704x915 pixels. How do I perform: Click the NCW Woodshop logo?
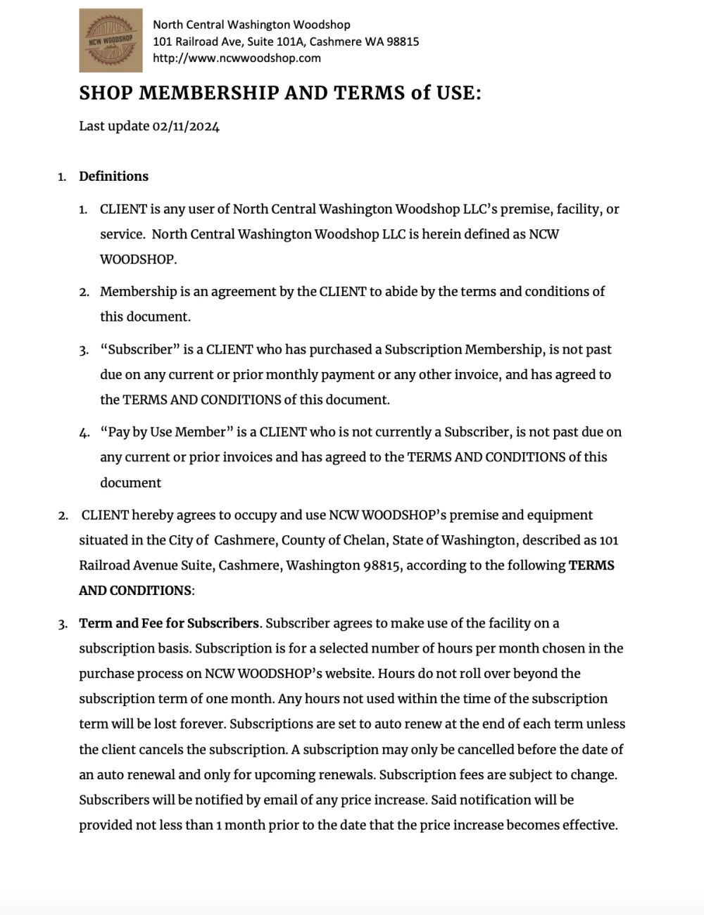111,41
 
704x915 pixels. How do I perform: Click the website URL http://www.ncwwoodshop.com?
237,58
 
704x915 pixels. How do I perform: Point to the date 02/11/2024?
186,127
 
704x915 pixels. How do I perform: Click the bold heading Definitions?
113,177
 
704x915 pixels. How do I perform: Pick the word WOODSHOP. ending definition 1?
138,260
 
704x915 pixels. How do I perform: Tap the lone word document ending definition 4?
130,483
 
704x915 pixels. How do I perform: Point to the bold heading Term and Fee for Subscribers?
169,623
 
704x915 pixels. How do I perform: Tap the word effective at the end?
589,825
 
